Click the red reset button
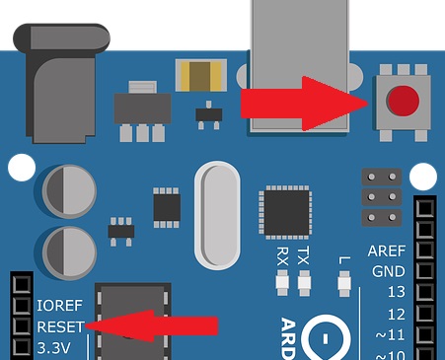tap(401, 101)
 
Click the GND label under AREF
tap(388, 271)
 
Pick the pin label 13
tap(396, 293)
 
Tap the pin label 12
tap(396, 315)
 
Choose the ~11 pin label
tap(392, 335)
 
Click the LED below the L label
tap(344, 286)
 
